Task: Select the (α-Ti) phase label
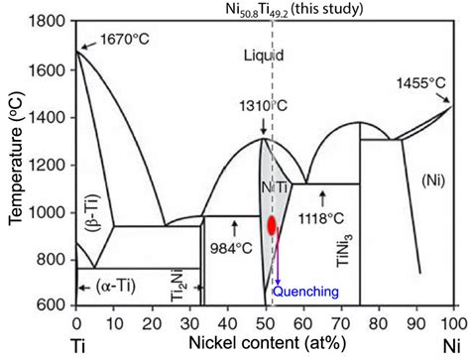pyautogui.click(x=115, y=285)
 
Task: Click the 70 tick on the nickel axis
pyautogui.click(x=340, y=322)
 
